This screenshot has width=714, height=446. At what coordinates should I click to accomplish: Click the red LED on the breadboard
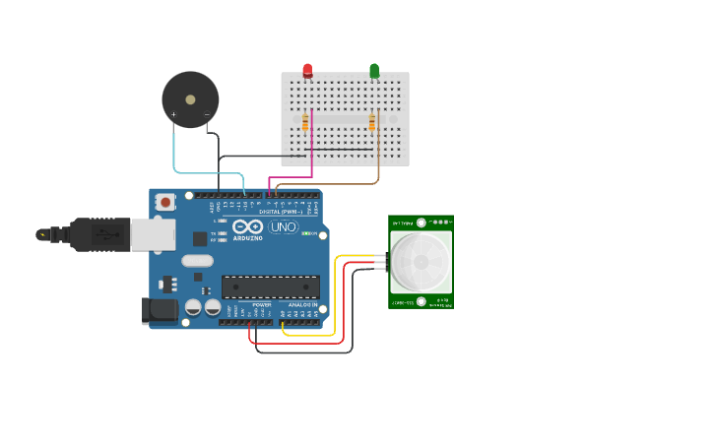(307, 70)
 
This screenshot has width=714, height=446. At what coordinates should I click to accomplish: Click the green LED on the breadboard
(374, 70)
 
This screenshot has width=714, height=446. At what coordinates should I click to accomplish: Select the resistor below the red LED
(305, 122)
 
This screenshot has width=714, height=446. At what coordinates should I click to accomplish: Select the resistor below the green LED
(371, 122)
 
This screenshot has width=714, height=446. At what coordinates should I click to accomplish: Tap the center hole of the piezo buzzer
(190, 99)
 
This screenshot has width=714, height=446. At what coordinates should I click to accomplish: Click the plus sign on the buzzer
(174, 115)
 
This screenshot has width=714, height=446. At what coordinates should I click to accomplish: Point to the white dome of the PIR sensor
(421, 262)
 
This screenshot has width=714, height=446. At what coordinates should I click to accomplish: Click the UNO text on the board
(283, 227)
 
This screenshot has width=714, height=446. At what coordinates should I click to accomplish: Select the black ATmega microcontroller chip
(270, 287)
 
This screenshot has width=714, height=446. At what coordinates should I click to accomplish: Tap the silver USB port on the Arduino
(154, 234)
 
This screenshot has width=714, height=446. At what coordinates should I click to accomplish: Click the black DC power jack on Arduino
(160, 311)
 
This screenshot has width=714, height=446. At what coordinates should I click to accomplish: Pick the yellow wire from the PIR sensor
(336, 295)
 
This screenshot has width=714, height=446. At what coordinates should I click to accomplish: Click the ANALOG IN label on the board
(304, 305)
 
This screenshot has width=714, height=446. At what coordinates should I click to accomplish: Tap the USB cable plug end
(43, 234)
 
